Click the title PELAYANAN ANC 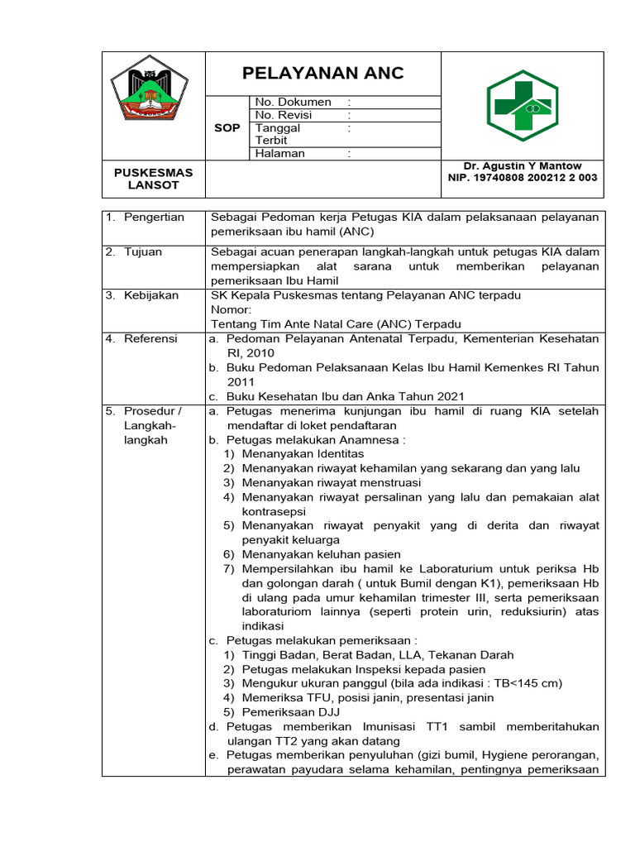(x=323, y=73)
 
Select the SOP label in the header (x=227, y=128)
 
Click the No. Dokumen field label (x=294, y=102)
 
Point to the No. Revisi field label (x=289, y=115)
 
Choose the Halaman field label (x=280, y=153)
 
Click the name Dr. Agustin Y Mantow (x=523, y=166)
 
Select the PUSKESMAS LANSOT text (x=153, y=179)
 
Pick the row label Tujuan (x=143, y=252)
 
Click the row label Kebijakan (x=151, y=295)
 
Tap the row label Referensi (x=150, y=338)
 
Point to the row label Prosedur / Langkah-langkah (x=153, y=425)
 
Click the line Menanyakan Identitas (x=303, y=453)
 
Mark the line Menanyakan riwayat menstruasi (x=332, y=482)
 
